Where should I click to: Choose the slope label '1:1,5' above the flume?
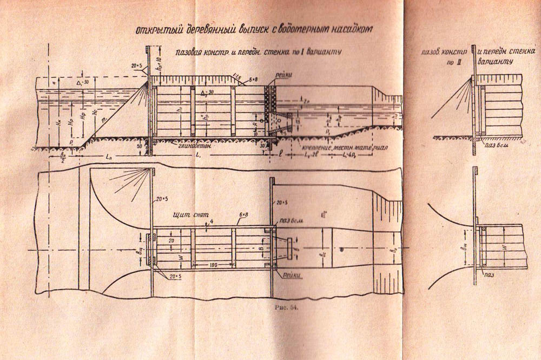coord(236,76)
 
